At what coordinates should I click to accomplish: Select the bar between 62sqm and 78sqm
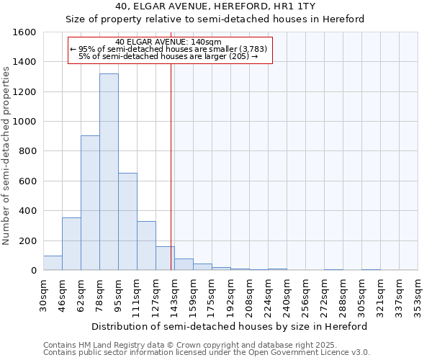coord(90,202)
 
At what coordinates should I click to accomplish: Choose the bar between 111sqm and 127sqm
coord(146,246)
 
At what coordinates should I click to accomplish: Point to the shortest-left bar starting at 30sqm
coord(53,263)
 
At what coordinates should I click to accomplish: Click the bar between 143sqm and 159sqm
coord(184,264)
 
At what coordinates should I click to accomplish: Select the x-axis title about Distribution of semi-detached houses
coord(230,326)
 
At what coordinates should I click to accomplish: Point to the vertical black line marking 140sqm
coord(171,166)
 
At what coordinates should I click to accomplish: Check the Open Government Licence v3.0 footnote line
coord(206,353)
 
